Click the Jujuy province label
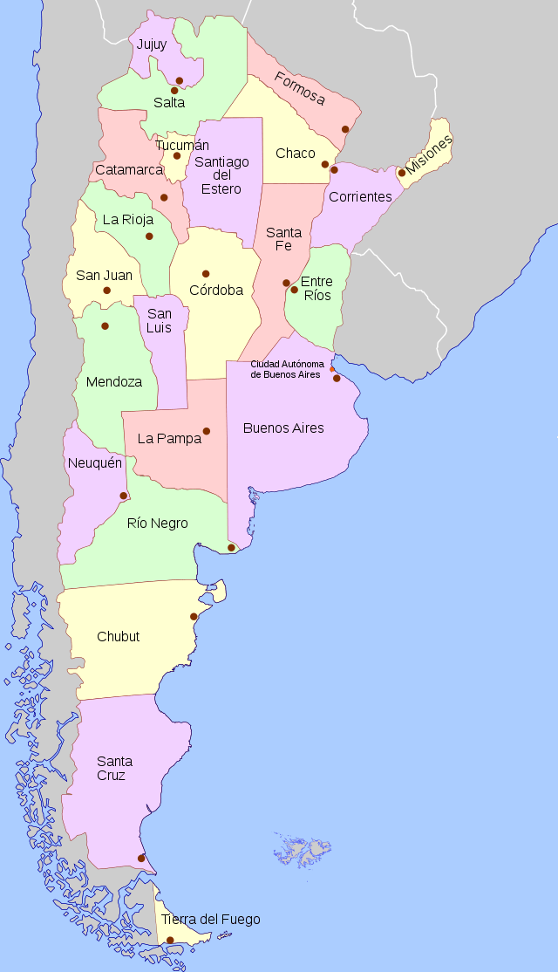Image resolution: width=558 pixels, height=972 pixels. coord(152,44)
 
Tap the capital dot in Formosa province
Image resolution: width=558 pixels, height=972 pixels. coord(345,129)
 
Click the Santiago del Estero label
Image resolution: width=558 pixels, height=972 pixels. coord(221,175)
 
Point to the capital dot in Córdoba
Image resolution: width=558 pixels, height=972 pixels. coord(206,274)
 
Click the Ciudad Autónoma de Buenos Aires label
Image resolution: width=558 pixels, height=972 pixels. coord(287,368)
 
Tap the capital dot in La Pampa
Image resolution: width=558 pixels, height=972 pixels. coord(207,431)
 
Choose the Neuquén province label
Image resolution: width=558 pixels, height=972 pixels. coord(94,462)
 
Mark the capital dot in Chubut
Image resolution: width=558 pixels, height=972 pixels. coord(194,617)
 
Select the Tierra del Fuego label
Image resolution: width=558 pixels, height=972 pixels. coord(210,919)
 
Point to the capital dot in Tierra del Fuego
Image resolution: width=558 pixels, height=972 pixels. coord(171,941)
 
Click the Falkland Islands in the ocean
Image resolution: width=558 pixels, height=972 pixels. coord(304,851)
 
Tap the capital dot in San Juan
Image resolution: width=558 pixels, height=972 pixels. coord(106,291)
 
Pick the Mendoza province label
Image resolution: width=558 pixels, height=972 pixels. coord(114,382)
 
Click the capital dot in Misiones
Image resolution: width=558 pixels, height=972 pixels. coord(402,173)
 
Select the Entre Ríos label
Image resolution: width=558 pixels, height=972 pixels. coord(316,288)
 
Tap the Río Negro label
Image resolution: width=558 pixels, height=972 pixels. coord(158,524)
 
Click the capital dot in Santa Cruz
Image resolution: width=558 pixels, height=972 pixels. coord(141,859)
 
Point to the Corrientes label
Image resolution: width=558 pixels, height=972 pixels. coord(360,197)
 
